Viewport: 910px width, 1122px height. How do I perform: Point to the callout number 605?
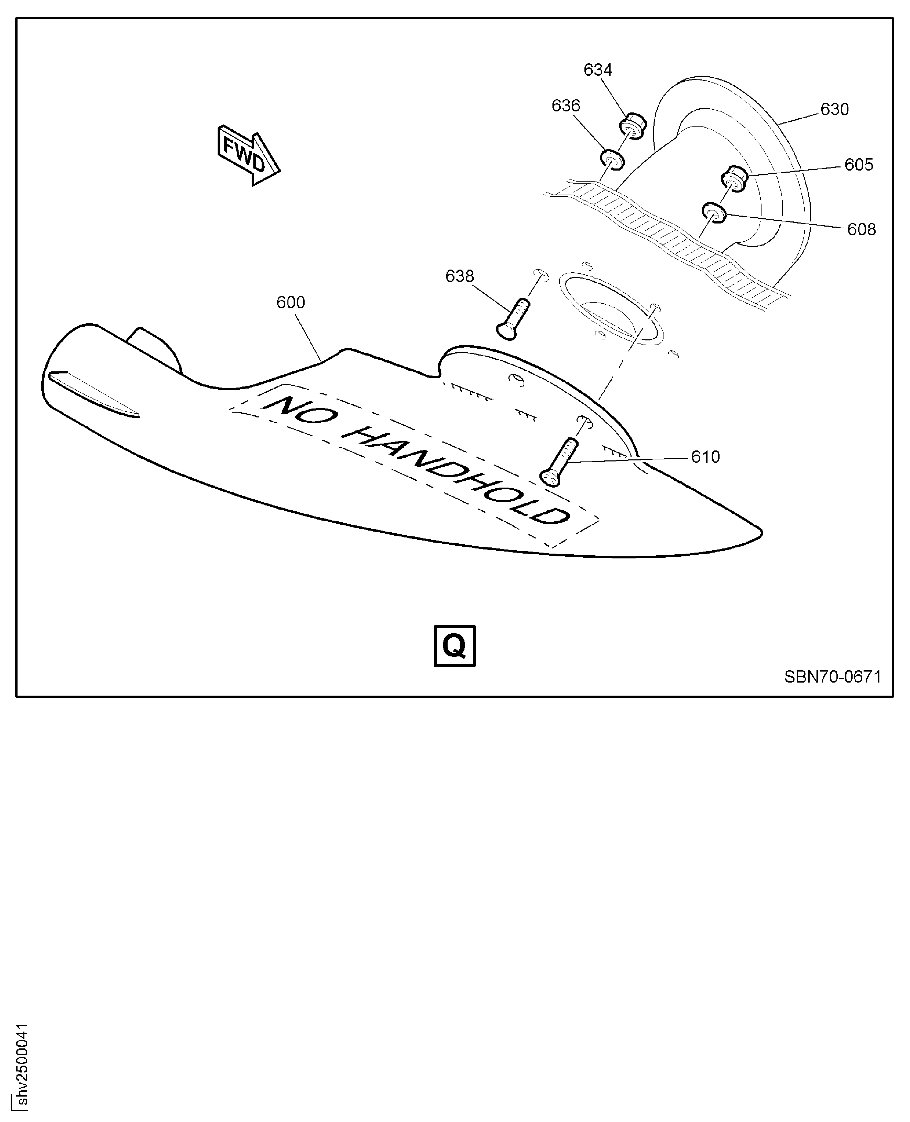[859, 165]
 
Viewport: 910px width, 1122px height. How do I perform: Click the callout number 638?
[459, 276]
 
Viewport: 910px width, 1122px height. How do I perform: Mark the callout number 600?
[290, 303]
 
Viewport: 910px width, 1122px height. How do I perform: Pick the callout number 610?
[705, 457]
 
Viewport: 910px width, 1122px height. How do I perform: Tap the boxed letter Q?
[454, 646]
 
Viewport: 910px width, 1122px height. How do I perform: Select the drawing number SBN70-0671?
[832, 677]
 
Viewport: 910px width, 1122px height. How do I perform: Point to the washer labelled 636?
[612, 160]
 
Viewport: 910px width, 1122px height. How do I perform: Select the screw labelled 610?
[560, 462]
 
